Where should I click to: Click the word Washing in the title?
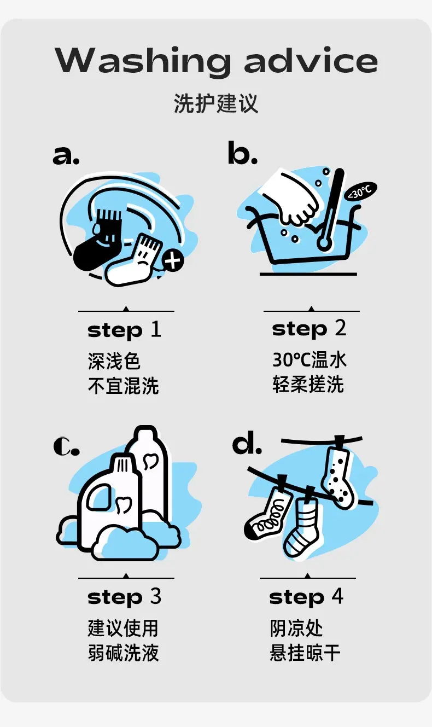click(143, 61)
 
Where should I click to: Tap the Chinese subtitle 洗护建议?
click(216, 103)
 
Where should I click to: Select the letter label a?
click(66, 155)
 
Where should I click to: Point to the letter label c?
click(66, 446)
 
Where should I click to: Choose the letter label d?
click(247, 441)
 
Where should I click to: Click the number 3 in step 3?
click(155, 596)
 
